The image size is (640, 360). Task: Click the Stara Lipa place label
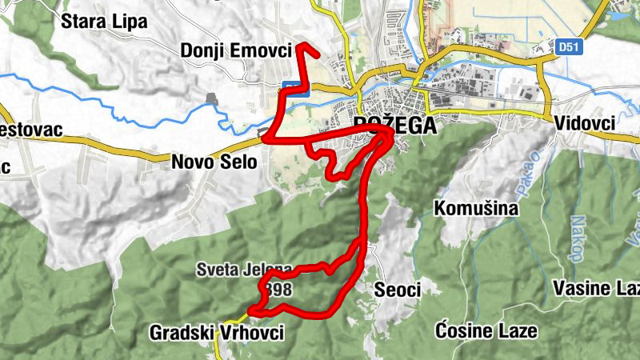click(x=105, y=22)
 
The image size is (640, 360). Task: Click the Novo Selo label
click(x=214, y=162)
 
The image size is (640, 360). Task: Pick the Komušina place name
click(x=476, y=209)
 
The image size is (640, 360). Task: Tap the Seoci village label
click(x=397, y=290)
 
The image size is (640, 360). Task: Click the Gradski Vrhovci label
click(x=216, y=333)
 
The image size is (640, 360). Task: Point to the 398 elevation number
click(x=280, y=289)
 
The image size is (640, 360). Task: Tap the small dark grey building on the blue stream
click(x=212, y=98)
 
